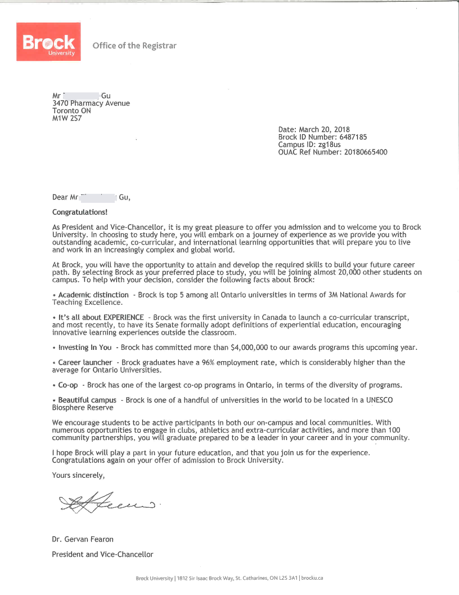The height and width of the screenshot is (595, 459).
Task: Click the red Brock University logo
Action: (49, 42)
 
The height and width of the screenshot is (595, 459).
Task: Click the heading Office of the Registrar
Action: (134, 46)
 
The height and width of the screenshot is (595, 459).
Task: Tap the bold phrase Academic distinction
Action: (93, 295)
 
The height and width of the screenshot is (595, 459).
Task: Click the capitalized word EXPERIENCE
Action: (124, 317)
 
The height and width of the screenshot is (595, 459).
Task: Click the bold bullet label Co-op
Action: (68, 385)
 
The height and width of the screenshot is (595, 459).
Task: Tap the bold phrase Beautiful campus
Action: (87, 400)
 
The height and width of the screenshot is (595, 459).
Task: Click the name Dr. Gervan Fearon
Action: (82, 539)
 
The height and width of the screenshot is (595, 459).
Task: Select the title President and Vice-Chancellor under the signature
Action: (102, 554)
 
